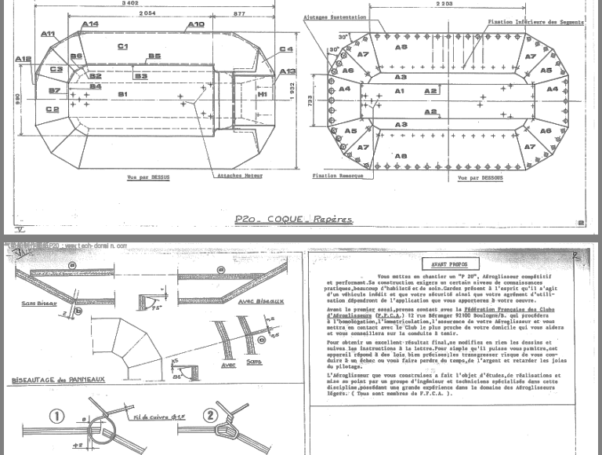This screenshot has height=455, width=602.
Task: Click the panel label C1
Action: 122,47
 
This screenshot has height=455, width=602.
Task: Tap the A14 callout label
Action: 89,24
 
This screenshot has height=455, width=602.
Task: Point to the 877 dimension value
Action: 239,14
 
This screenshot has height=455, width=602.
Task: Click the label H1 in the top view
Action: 263,94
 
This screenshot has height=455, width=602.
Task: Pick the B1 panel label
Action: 122,94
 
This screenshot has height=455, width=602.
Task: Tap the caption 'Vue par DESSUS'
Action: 148,177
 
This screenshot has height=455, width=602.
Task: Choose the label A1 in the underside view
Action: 399,91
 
